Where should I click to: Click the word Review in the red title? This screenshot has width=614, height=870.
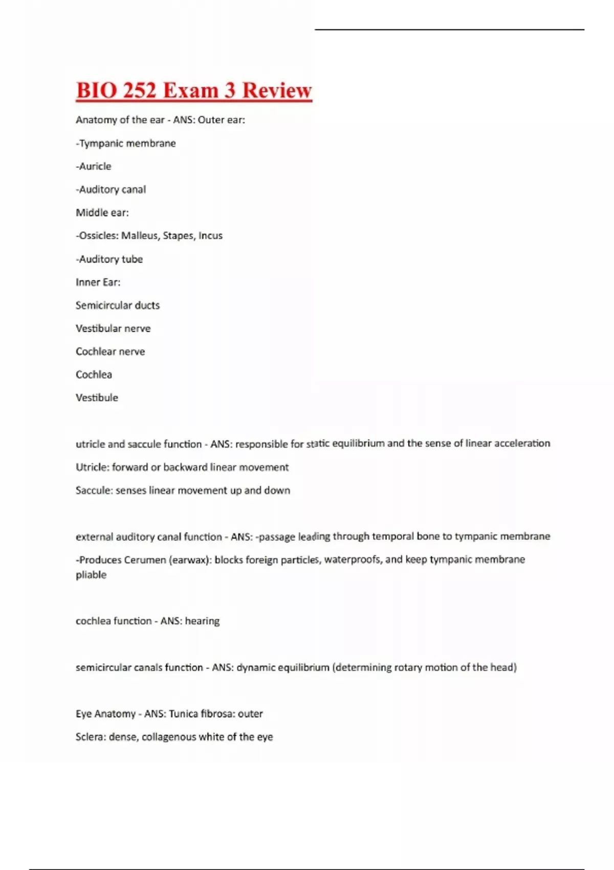point(276,90)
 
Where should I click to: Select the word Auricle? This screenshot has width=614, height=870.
point(95,166)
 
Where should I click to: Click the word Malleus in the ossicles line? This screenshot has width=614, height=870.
point(139,236)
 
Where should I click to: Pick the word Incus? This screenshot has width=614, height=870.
point(210,236)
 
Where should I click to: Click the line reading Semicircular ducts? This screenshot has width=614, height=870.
point(118,306)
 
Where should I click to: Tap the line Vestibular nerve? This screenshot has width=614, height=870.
point(113,329)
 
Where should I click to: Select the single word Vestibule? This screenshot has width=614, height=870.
point(97,398)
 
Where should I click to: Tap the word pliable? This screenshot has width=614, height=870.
point(91,575)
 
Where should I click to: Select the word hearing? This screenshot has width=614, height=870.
point(202,621)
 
